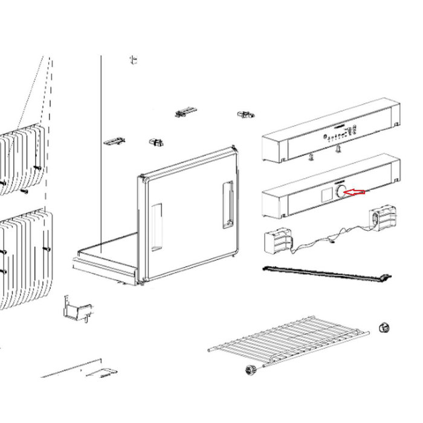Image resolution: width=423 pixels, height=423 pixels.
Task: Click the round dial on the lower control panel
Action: tap(341, 192)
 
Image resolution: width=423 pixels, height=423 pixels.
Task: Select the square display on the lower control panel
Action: tap(326, 195)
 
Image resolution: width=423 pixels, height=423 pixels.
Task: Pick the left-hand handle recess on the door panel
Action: tap(156, 227)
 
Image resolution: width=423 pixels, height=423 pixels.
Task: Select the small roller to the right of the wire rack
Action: tap(382, 328)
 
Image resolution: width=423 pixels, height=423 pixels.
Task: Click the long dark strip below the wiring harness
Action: tap(326, 274)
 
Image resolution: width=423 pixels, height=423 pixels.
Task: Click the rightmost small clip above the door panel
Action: tap(245, 114)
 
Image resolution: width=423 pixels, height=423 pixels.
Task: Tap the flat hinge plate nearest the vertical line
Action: tap(114, 141)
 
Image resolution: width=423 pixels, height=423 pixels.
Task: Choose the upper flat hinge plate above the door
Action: tap(186, 112)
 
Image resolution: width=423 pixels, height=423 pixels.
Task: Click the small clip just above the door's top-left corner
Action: tap(157, 142)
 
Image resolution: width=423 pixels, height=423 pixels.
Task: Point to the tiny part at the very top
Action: tap(133, 59)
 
